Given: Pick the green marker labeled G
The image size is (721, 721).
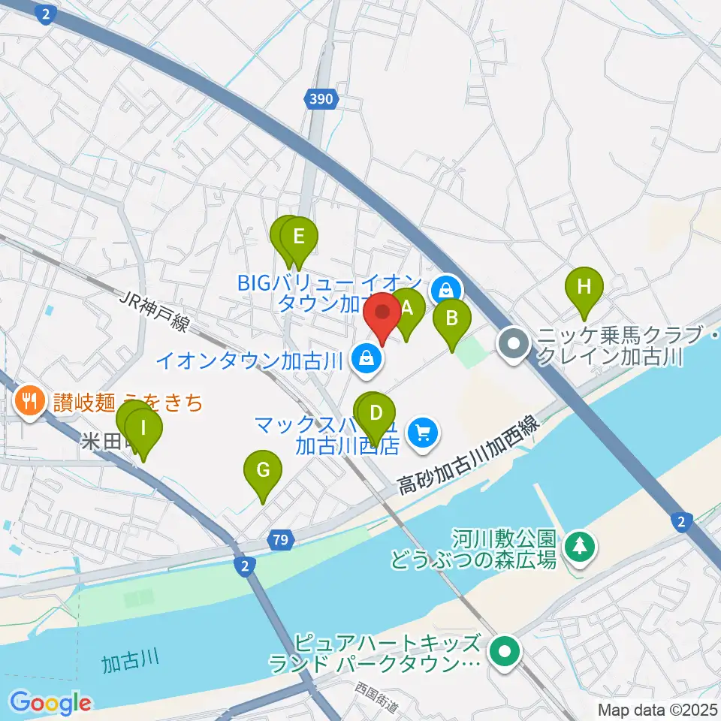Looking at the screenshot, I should tap(262, 472).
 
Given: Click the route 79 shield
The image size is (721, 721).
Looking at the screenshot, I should tap(280, 539).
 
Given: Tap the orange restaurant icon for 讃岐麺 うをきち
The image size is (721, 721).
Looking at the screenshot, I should tap(29, 400).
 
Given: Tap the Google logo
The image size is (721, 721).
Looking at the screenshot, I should tap(50, 702).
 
